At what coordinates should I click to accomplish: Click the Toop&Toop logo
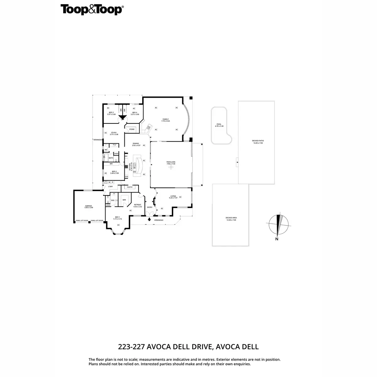(x=91, y=10)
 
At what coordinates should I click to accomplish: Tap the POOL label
(x=219, y=124)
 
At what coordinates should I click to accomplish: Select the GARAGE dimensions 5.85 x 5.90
(x=89, y=208)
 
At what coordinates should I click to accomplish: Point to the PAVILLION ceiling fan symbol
(x=171, y=167)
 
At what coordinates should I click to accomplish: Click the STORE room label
(x=132, y=129)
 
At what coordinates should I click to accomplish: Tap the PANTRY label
(x=130, y=187)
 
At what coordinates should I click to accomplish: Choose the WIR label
(x=124, y=200)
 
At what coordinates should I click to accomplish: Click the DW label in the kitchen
(x=134, y=172)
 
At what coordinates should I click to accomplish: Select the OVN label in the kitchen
(x=126, y=177)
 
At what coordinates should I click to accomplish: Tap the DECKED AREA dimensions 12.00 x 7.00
(x=231, y=220)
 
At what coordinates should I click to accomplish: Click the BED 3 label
(x=111, y=112)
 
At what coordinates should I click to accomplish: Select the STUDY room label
(x=114, y=133)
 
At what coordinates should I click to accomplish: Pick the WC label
(x=106, y=150)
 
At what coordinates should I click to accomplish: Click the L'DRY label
(x=110, y=187)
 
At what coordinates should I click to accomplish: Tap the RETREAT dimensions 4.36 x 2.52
(x=138, y=207)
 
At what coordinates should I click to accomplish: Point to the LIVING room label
(x=173, y=196)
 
